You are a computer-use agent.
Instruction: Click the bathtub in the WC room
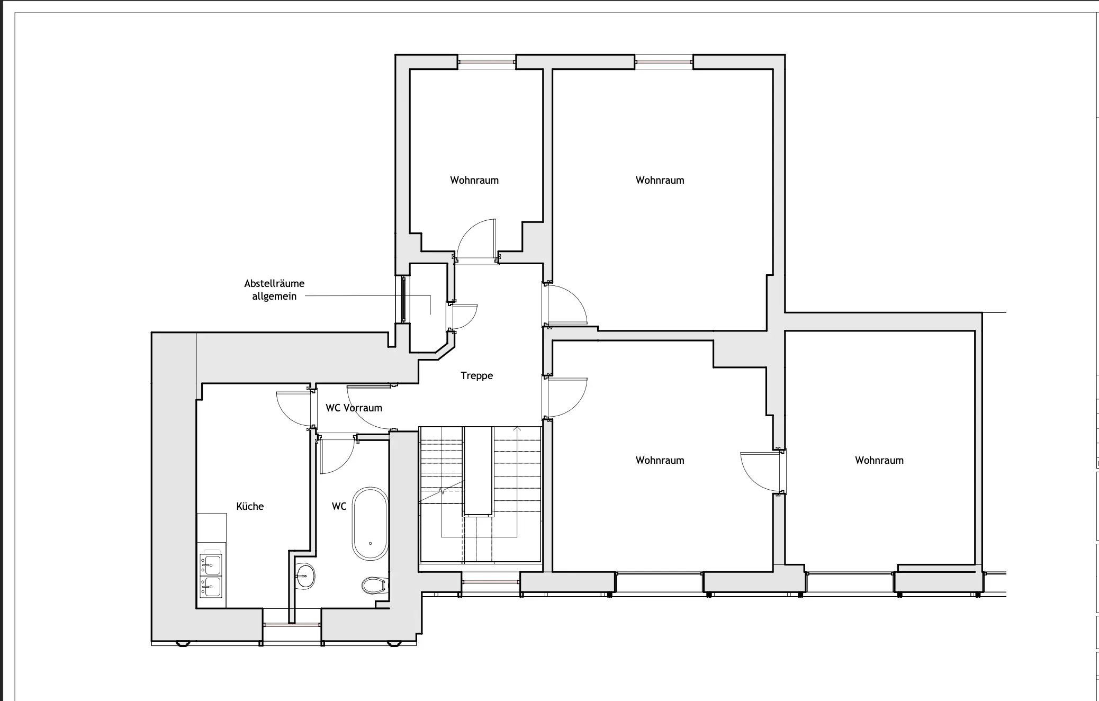370,523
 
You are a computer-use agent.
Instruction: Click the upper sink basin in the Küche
211,565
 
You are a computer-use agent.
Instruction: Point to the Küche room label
250,506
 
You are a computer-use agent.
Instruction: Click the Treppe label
476,376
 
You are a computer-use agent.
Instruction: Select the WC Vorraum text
354,408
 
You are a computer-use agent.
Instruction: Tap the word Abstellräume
274,283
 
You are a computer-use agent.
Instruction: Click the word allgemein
274,296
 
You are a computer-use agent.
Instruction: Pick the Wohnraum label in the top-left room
474,180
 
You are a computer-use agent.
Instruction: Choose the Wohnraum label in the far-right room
879,460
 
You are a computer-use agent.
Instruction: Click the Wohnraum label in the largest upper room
660,180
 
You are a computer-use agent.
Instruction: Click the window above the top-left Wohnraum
487,62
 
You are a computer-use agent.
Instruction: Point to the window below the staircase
490,582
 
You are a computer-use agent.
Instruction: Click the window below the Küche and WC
292,625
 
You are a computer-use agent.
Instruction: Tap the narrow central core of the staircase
479,471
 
